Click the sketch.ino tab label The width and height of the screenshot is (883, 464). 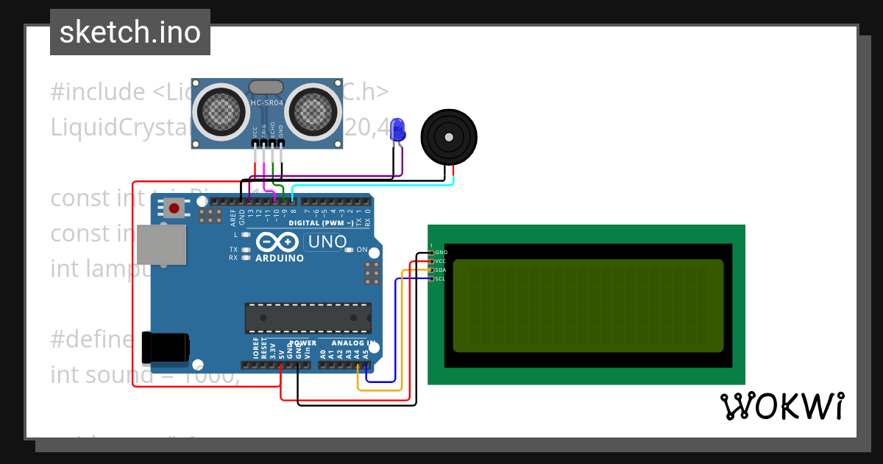(130, 32)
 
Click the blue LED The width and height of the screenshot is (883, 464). (398, 130)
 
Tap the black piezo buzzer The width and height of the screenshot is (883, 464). (448, 137)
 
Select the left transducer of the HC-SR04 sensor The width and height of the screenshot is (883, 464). (219, 111)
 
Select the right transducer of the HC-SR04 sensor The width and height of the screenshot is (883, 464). (314, 111)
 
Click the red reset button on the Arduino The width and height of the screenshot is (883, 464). (174, 208)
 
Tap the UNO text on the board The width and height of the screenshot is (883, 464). (327, 242)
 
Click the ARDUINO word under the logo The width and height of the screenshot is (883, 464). (280, 259)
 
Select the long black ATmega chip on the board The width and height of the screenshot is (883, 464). (308, 317)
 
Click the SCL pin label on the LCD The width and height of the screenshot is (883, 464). (440, 279)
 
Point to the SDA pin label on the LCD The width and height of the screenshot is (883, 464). (440, 270)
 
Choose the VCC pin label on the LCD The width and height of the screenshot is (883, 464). (440, 261)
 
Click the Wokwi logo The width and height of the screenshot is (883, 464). (781, 406)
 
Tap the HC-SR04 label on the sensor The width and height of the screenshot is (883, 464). (266, 103)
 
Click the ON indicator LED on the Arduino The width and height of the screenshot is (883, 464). (349, 250)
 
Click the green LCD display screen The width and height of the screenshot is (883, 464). (587, 306)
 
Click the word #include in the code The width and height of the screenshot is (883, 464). (98, 93)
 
